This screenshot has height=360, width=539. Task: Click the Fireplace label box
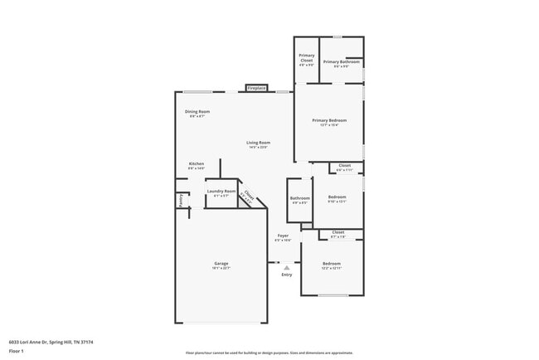pyautogui.click(x=256, y=88)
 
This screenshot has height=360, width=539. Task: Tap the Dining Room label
pyautogui.click(x=197, y=112)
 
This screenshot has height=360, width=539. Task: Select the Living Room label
pyautogui.click(x=258, y=143)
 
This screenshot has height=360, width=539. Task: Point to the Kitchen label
pyautogui.click(x=197, y=164)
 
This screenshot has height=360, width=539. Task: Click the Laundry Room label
pyautogui.click(x=221, y=192)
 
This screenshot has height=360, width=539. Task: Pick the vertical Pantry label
pyautogui.click(x=180, y=200)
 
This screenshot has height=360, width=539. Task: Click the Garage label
pyautogui.click(x=221, y=264)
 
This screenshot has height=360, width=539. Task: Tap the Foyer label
pyautogui.click(x=283, y=236)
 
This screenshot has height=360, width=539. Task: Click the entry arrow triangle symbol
pyautogui.click(x=286, y=267)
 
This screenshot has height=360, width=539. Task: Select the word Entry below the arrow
pyautogui.click(x=286, y=275)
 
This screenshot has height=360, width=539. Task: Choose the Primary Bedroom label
pyautogui.click(x=329, y=121)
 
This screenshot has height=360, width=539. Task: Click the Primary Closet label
pyautogui.click(x=306, y=61)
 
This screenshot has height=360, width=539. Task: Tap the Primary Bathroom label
pyautogui.click(x=341, y=62)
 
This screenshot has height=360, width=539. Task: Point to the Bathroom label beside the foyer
pyautogui.click(x=299, y=198)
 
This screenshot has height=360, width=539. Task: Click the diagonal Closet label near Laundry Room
pyautogui.click(x=248, y=197)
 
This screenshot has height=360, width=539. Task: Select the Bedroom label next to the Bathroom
pyautogui.click(x=337, y=197)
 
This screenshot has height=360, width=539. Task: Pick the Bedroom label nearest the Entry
pyautogui.click(x=331, y=264)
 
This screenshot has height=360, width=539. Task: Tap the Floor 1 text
pyautogui.click(x=16, y=351)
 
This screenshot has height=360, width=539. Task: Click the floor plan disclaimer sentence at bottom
pyautogui.click(x=269, y=352)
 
